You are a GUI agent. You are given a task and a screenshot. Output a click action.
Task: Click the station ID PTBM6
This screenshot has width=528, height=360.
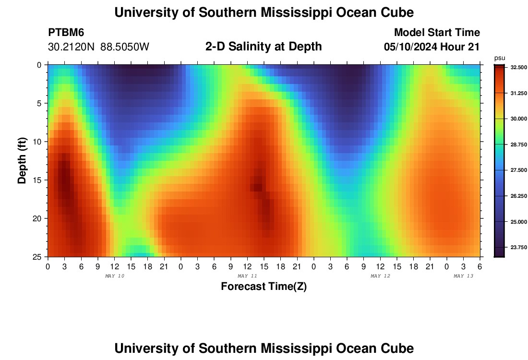66,33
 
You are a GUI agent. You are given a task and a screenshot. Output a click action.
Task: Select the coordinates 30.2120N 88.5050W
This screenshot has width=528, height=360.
99,47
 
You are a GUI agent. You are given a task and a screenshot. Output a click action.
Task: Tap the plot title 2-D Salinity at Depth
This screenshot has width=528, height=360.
264,47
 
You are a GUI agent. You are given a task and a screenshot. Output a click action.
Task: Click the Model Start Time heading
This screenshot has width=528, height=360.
437,33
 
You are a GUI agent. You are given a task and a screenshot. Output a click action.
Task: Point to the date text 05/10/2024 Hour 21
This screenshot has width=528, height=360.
432,47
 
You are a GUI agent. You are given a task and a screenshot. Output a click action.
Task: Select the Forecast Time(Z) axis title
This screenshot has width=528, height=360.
264,287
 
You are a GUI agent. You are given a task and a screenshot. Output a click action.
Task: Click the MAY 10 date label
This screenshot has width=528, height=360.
114,276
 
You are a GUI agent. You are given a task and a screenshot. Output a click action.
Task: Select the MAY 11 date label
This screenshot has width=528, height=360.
247,276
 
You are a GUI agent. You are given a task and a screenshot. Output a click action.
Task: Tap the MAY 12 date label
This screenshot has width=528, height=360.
380,276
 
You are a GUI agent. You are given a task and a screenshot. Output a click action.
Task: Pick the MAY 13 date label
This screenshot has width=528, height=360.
463,276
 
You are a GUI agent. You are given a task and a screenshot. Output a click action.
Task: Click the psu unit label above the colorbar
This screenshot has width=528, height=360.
500,58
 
